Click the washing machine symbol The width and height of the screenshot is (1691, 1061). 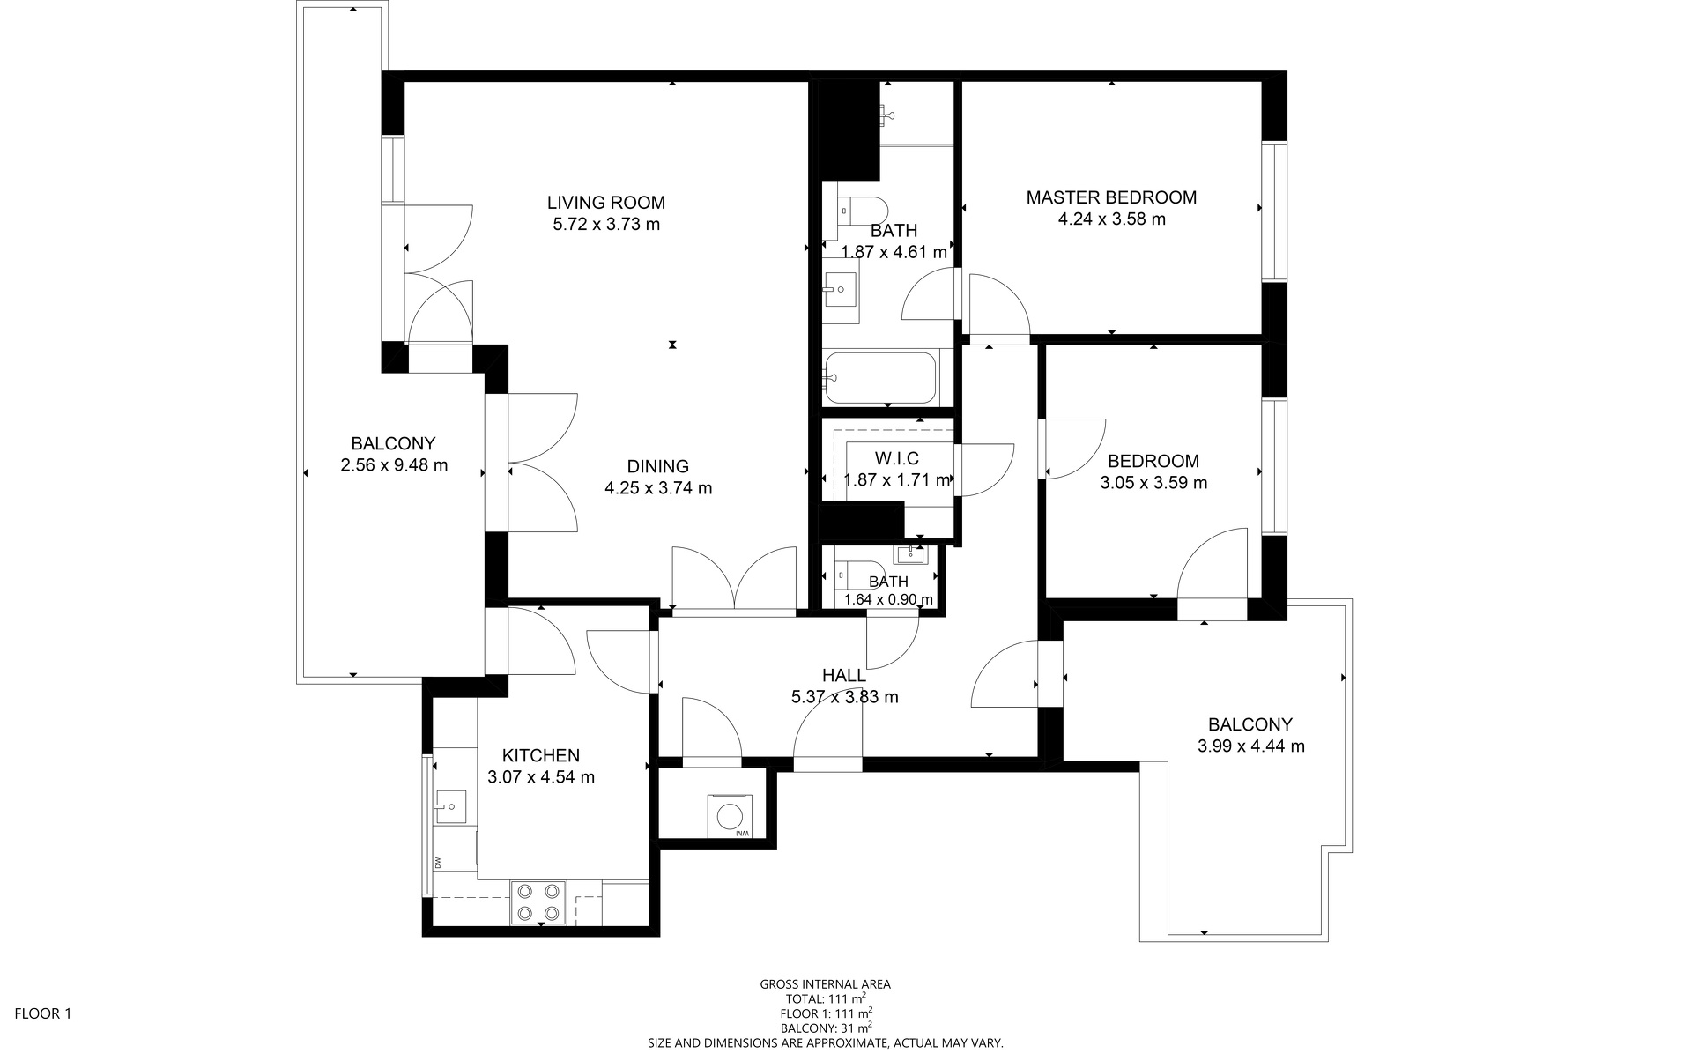[x=730, y=816]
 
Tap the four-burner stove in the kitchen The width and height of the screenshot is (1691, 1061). [x=538, y=902]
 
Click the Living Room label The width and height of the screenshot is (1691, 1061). [x=606, y=203]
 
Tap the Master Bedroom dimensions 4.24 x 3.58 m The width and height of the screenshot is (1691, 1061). [x=1111, y=219]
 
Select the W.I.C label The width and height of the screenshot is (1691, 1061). [x=897, y=458]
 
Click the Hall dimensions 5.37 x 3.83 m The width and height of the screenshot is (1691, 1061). [x=845, y=697]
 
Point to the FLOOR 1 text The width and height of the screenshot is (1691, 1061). [x=43, y=1013]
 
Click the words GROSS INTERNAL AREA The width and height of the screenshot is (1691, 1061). [x=826, y=984]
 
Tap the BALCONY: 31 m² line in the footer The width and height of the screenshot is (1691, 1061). [x=826, y=1028]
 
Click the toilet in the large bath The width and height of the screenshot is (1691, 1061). [x=863, y=210]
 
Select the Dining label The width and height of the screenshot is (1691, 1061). [x=658, y=467]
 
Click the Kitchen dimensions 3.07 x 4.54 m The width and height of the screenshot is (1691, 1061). [x=541, y=777]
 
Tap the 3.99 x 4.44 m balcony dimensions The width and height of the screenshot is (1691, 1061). [x=1251, y=746]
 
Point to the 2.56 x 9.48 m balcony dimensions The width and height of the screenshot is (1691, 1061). [x=394, y=465]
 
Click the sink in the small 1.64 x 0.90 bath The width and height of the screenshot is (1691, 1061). [x=909, y=554]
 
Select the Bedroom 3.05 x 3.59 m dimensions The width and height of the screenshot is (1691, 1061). [x=1153, y=483]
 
